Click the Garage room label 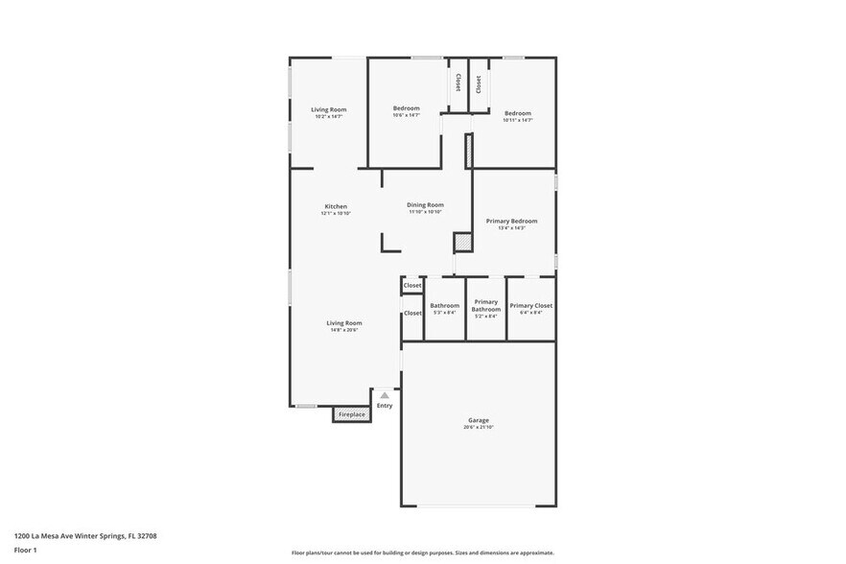tap(479, 420)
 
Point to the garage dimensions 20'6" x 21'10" tap(479, 427)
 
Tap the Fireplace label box tap(352, 414)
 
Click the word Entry tap(385, 406)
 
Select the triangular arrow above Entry tap(385, 395)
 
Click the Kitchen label tap(336, 206)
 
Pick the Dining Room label tap(425, 204)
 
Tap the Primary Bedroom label tap(511, 221)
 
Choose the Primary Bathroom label tap(486, 305)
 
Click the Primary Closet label tap(530, 305)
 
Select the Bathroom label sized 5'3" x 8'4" tap(444, 305)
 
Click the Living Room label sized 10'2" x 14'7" tap(328, 109)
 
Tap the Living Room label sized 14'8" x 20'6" tap(344, 323)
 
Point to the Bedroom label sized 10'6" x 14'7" tap(406, 108)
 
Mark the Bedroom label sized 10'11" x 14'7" tap(518, 113)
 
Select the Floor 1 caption tap(25, 551)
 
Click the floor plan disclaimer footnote tap(422, 553)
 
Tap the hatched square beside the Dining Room tap(463, 244)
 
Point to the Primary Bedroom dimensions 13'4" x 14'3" tap(511, 228)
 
